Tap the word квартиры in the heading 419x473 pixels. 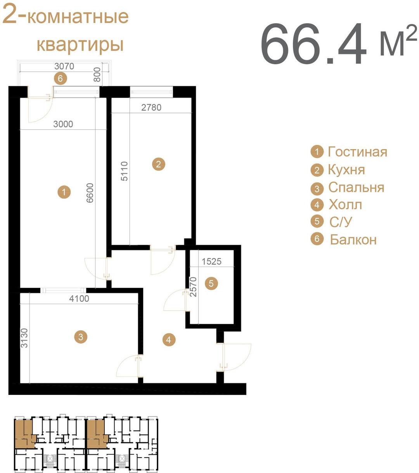click(x=80, y=45)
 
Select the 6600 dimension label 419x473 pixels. click(x=90, y=193)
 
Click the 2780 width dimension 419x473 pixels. click(x=151, y=108)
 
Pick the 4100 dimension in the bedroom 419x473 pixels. click(x=79, y=298)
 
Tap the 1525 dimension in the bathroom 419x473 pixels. click(x=211, y=261)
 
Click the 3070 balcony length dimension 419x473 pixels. click(x=64, y=66)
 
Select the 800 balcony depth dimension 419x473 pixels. click(x=97, y=75)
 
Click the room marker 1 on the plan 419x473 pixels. click(x=64, y=192)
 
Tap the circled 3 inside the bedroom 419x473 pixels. click(x=81, y=337)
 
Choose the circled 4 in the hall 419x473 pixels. click(x=168, y=340)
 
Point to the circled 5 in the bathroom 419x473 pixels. click(x=211, y=283)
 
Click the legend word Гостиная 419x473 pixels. click(x=357, y=151)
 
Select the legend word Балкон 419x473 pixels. click(x=353, y=240)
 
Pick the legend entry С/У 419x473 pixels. click(x=340, y=222)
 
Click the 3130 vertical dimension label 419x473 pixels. click(x=24, y=338)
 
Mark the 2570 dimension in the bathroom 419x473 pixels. click(x=193, y=287)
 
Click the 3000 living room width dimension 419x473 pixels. click(x=63, y=124)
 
